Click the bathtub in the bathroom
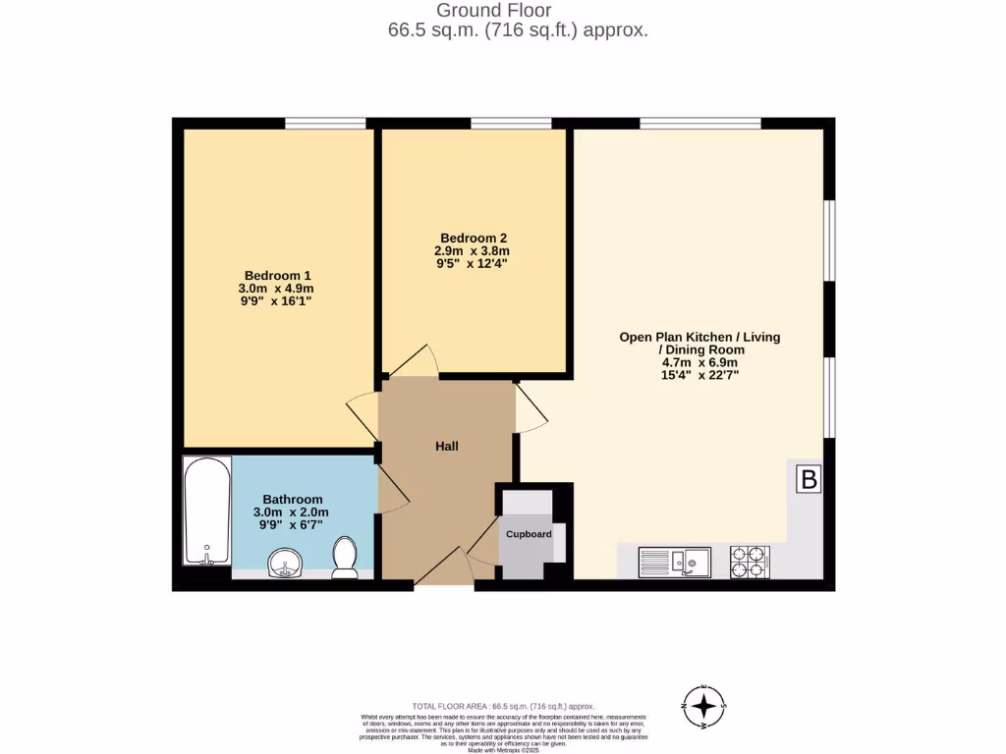(x=207, y=511)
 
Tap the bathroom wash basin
(x=285, y=563)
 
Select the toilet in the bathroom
(x=345, y=557)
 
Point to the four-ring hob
(x=750, y=561)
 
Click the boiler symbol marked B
(x=809, y=480)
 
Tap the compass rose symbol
(x=703, y=706)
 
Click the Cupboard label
(x=529, y=534)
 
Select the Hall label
(x=447, y=446)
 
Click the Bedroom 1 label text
(x=278, y=275)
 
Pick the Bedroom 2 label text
(x=474, y=238)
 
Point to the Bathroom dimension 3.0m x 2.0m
(x=291, y=512)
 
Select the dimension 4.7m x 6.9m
(x=699, y=361)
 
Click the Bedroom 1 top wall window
(x=325, y=123)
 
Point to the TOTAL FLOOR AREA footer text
(x=503, y=706)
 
